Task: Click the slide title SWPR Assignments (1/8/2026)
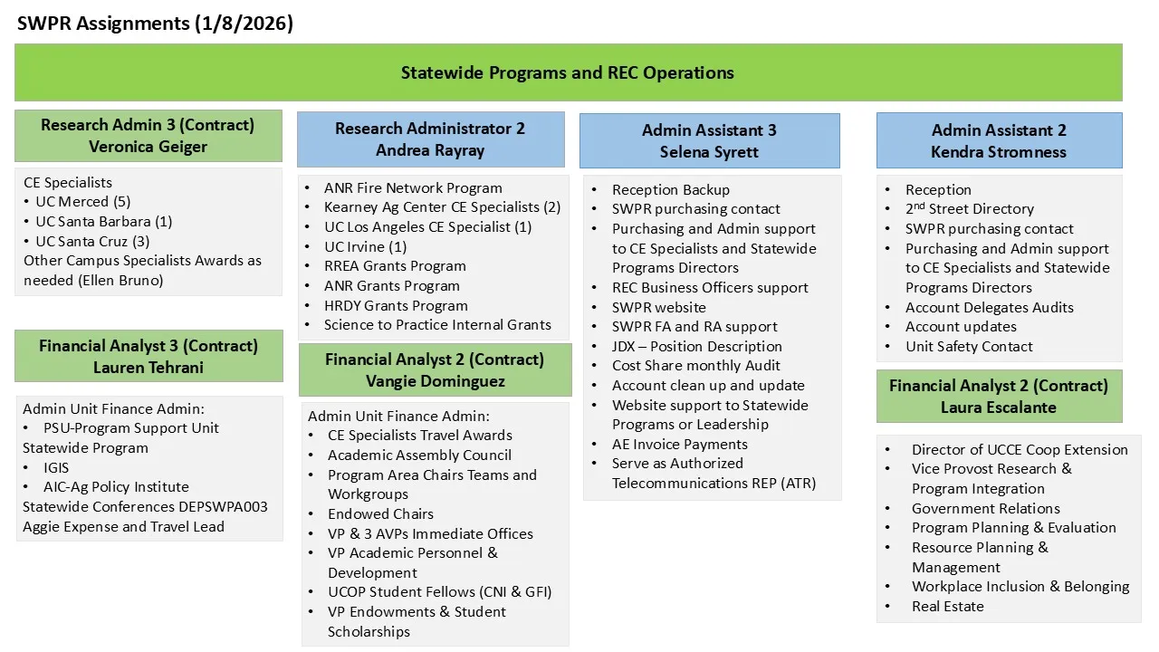click(x=155, y=24)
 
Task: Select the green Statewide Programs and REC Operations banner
click(x=568, y=72)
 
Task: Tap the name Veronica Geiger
click(x=148, y=147)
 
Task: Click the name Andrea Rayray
click(x=430, y=150)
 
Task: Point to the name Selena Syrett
click(x=709, y=152)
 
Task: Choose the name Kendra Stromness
click(x=999, y=152)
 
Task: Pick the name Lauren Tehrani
click(x=148, y=368)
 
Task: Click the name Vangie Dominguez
click(x=435, y=381)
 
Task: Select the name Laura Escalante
click(x=999, y=407)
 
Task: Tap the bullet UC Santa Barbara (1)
click(x=103, y=222)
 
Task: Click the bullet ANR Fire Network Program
click(x=413, y=188)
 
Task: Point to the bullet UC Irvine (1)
click(x=366, y=247)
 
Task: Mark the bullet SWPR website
click(x=658, y=307)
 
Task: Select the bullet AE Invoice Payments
click(x=679, y=445)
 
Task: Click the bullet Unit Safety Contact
click(x=969, y=347)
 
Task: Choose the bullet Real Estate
click(x=947, y=607)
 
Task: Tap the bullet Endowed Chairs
click(x=380, y=514)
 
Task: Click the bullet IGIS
click(x=56, y=467)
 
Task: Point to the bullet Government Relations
click(x=985, y=509)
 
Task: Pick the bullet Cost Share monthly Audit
click(x=695, y=366)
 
